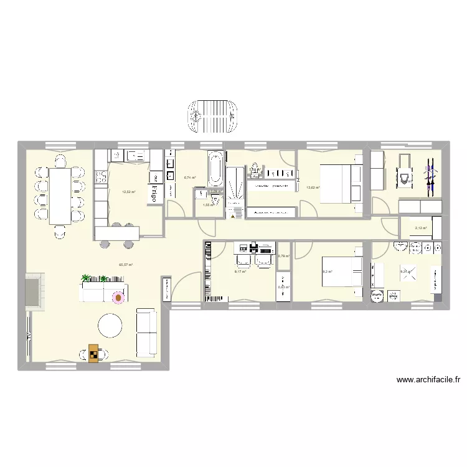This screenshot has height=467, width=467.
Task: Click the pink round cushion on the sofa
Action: (x=118, y=298)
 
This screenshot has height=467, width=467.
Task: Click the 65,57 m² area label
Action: (x=126, y=264)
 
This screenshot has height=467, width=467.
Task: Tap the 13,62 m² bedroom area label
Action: (x=313, y=187)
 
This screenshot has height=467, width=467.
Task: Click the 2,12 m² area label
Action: (x=421, y=228)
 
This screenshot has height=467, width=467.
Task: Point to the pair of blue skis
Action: (x=428, y=174)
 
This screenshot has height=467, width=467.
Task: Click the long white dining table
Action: (x=59, y=195)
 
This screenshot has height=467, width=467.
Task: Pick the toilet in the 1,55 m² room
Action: (x=215, y=200)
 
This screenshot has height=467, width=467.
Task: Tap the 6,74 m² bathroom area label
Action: (x=189, y=177)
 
